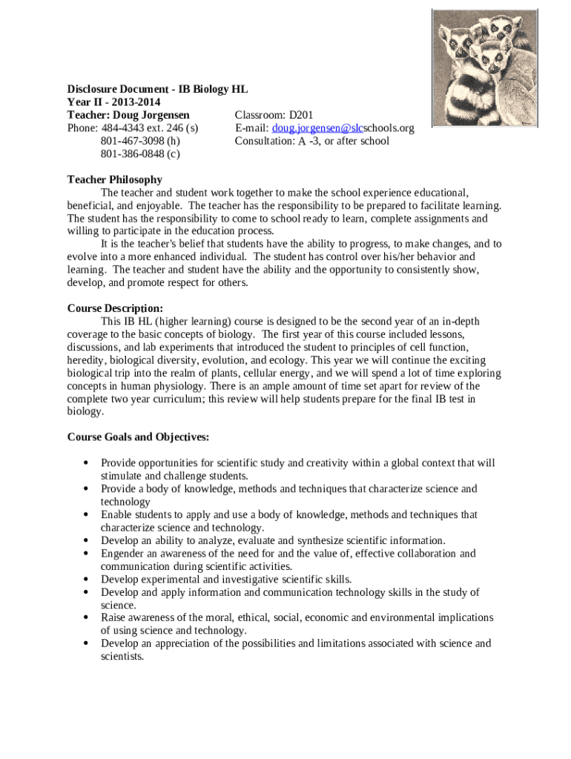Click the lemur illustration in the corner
pos(484,67)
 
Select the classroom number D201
pos(302,115)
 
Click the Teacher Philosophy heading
pos(115,179)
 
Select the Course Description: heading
pos(115,308)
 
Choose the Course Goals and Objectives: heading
pos(139,437)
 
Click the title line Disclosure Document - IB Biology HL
pos(157,90)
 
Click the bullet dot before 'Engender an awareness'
pos(87,554)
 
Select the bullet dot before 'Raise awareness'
pos(87,618)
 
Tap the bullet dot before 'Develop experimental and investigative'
pos(87,580)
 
